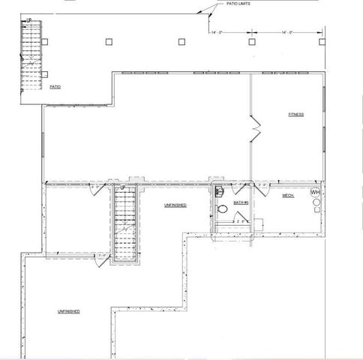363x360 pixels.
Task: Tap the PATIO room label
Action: point(55,87)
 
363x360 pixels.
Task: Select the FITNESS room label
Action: point(296,115)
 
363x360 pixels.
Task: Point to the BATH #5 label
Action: point(241,202)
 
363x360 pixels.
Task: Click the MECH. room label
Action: point(288,196)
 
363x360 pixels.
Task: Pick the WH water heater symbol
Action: point(316,193)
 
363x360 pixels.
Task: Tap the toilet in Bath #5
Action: point(222,209)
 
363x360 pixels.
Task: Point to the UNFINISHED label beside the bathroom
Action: point(175,205)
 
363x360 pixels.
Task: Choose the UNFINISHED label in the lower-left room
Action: point(67,310)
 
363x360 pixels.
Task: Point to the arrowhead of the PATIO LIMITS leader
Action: point(198,14)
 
